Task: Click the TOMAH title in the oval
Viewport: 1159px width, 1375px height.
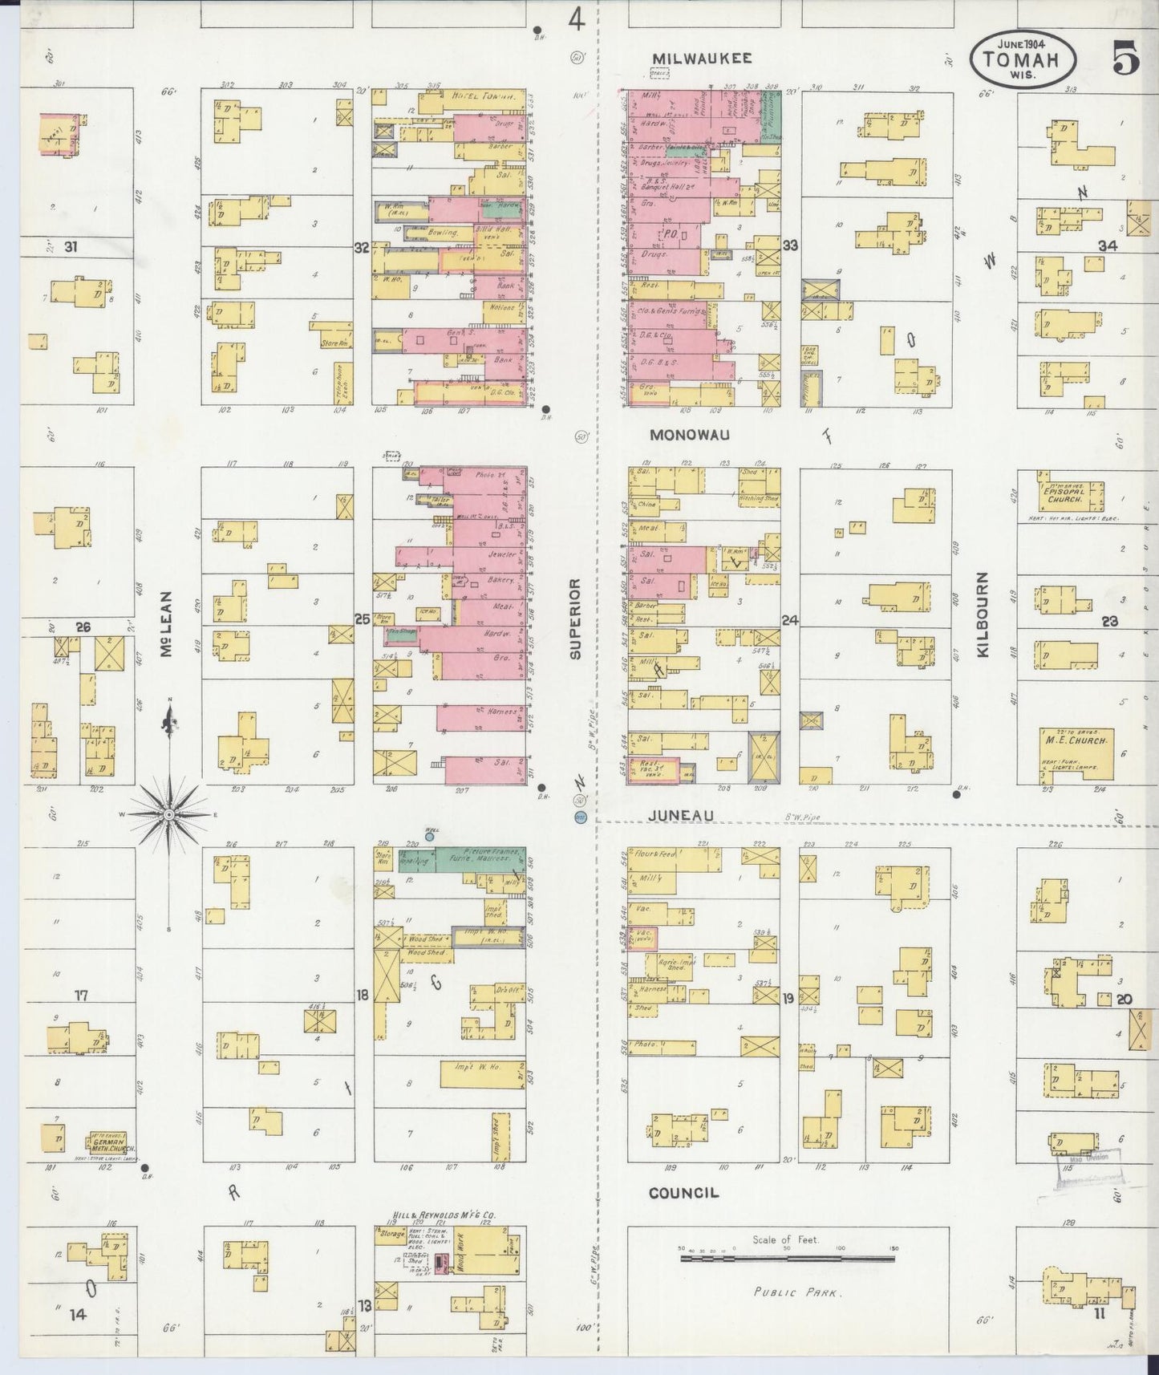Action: click(x=1023, y=60)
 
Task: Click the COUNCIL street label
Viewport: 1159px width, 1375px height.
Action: click(x=683, y=1193)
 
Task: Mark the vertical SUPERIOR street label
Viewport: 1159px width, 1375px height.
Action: click(x=575, y=619)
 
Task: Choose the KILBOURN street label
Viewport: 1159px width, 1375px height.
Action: click(x=983, y=615)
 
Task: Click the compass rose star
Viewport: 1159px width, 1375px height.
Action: click(x=169, y=815)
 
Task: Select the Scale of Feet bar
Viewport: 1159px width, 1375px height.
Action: click(x=788, y=1259)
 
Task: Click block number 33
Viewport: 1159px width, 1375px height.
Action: click(x=790, y=245)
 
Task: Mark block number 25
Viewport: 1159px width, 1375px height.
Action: click(x=362, y=619)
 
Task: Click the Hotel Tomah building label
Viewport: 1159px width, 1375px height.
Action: click(x=483, y=96)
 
